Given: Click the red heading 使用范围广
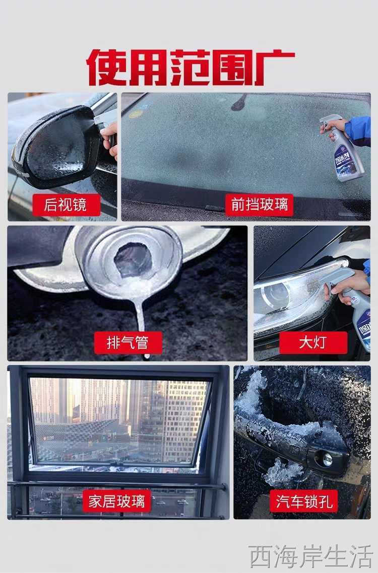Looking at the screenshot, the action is [190, 67].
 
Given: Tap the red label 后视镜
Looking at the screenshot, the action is [66, 204].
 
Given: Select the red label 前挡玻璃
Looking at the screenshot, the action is [260, 204].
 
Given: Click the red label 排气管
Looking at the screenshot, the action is [128, 343].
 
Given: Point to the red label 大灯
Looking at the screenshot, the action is [313, 343].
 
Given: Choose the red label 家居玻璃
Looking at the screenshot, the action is [117, 501].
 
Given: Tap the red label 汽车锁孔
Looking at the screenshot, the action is [304, 501].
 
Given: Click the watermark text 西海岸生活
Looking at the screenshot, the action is [310, 556].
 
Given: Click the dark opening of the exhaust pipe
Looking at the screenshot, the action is [133, 259].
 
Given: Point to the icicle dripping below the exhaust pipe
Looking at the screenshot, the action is [141, 322].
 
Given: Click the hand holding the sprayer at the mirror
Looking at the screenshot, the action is [110, 139].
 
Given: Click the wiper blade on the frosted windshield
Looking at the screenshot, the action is [240, 102].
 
